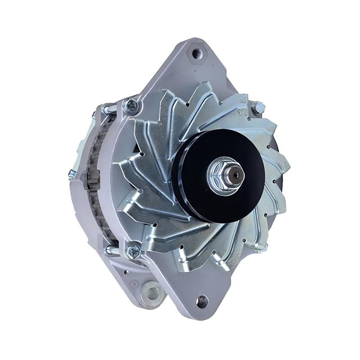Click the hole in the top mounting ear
click(x=197, y=54)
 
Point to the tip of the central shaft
click(x=235, y=173)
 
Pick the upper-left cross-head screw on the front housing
click(x=131, y=106)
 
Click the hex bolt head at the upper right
click(x=257, y=108)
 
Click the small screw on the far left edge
click(x=72, y=174)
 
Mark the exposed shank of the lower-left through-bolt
click(x=112, y=249)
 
